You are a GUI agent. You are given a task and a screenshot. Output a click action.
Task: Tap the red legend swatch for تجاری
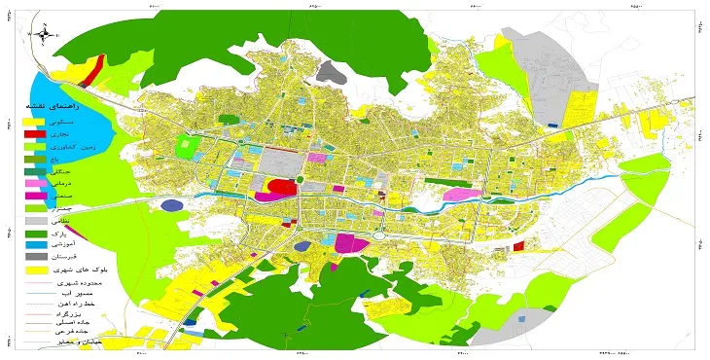pyautogui.click(x=33, y=130)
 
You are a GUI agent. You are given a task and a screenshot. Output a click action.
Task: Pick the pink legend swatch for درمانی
pyautogui.click(x=33, y=183)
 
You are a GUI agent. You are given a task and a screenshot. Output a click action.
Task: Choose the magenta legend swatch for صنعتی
pyautogui.click(x=33, y=196)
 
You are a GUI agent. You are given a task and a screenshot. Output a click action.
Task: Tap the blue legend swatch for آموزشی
pyautogui.click(x=33, y=247)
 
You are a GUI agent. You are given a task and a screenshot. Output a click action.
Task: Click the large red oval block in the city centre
pyautogui.click(x=281, y=187)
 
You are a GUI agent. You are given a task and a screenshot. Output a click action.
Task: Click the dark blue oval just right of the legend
pyautogui.click(x=172, y=205)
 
